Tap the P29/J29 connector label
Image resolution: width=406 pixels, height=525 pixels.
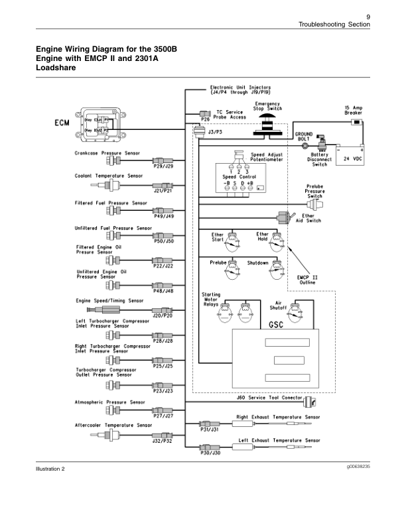click(163, 166)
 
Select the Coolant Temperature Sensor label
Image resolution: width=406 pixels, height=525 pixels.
click(109, 176)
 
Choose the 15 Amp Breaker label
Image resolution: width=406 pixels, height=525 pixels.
click(354, 110)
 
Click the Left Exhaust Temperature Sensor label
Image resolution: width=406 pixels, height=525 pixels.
click(279, 440)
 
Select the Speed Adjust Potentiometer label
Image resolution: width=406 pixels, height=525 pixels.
click(267, 156)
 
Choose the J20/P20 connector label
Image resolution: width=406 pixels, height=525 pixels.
click(163, 316)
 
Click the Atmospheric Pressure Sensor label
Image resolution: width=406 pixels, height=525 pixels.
click(110, 402)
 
